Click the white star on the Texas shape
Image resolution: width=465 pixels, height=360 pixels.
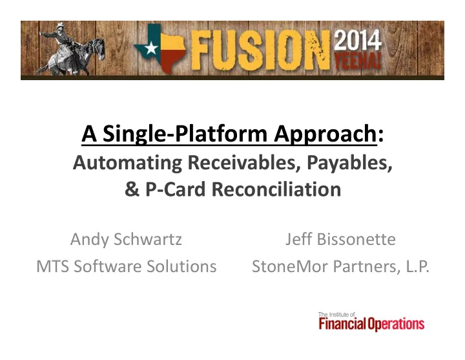(151, 48)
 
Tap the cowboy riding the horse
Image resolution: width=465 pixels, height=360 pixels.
(61, 36)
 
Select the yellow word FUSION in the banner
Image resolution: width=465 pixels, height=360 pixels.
(260, 50)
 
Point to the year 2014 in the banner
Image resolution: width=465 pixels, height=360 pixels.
(357, 40)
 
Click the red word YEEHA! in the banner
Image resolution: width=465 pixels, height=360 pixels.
(357, 61)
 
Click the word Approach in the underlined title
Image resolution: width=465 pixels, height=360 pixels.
(325, 134)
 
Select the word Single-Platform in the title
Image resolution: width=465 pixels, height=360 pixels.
(185, 134)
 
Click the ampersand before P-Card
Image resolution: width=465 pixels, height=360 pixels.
(132, 189)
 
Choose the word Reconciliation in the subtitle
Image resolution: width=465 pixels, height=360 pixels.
(276, 189)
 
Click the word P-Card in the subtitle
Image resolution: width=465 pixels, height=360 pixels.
(175, 189)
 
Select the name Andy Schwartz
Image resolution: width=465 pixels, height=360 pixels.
(126, 239)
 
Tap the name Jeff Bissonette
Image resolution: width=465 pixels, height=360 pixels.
(340, 239)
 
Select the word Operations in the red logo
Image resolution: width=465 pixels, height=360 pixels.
(396, 324)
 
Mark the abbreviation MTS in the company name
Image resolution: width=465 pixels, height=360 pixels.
(53, 266)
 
